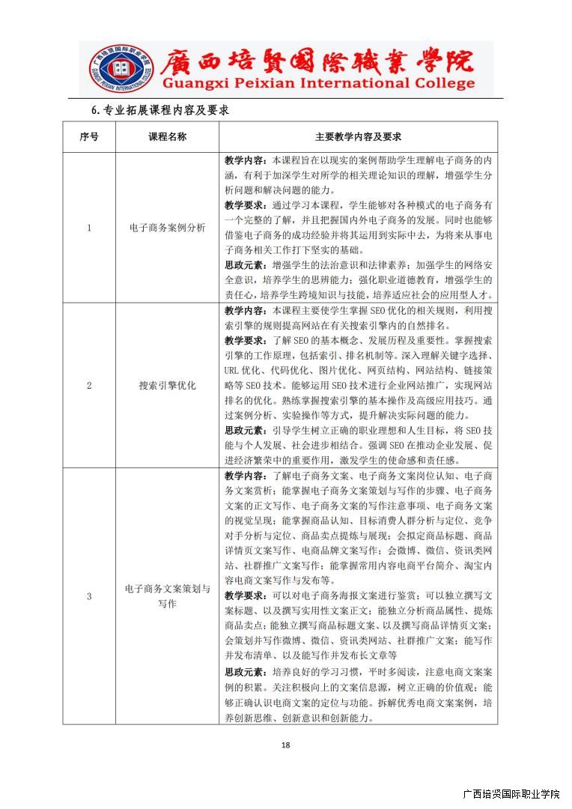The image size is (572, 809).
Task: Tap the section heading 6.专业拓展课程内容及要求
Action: tap(159, 110)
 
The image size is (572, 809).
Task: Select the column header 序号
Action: tap(88, 137)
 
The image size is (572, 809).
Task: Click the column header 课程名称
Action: tap(167, 137)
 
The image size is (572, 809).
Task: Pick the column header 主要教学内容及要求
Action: tap(358, 137)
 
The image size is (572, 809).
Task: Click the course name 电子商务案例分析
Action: tap(167, 228)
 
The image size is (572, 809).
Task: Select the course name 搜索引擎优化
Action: tap(167, 386)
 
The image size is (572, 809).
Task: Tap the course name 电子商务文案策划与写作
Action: tap(167, 596)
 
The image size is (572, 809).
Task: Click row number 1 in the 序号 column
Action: tap(88, 228)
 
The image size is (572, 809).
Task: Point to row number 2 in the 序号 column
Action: tap(88, 386)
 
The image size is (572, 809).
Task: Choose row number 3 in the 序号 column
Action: tap(88, 596)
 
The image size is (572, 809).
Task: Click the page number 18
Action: tap(285, 745)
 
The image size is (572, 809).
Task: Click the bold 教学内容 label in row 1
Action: tap(244, 160)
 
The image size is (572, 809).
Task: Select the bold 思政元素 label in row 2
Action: tap(244, 431)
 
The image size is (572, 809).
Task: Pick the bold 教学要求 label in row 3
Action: tap(244, 596)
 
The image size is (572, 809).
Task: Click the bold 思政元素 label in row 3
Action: tap(244, 671)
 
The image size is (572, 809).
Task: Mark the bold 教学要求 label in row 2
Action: tap(244, 340)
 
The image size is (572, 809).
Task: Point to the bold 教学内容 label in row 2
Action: tap(244, 310)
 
